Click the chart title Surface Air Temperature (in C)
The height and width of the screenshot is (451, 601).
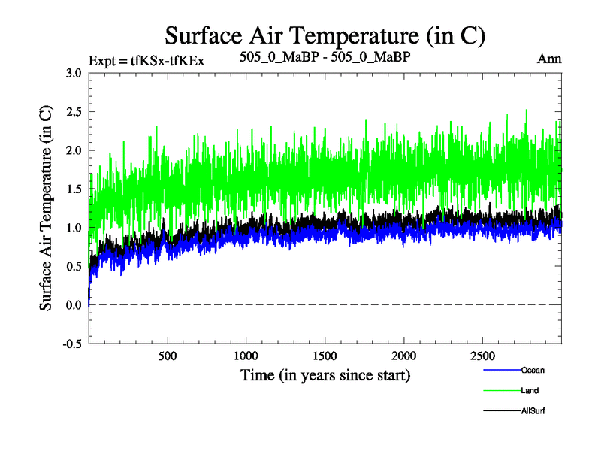[325, 35]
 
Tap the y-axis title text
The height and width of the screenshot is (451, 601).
[47, 209]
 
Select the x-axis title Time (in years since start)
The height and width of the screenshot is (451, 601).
[325, 374]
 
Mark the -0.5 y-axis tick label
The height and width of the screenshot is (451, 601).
[72, 344]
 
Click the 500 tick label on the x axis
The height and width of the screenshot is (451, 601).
[168, 356]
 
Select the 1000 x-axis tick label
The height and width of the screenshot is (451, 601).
[246, 356]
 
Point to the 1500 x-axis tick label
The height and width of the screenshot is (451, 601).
[325, 356]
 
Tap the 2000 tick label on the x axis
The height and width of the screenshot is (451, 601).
[404, 356]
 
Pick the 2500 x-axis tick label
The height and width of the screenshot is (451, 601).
[483, 356]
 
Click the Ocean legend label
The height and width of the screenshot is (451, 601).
[533, 370]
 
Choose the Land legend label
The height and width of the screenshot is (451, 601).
[530, 390]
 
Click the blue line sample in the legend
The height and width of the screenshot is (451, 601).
[500, 370]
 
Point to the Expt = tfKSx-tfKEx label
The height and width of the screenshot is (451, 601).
[146, 59]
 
